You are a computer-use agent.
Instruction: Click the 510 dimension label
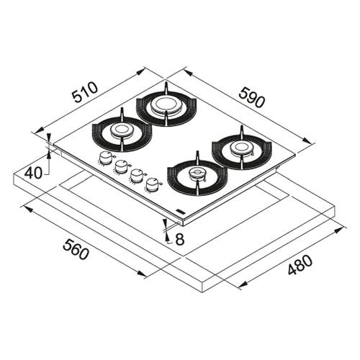click(x=86, y=92)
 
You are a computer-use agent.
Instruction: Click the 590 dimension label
click(x=253, y=97)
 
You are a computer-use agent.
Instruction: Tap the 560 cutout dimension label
click(x=76, y=249)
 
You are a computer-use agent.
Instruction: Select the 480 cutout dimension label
click(x=300, y=265)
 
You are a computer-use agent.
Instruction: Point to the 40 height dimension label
click(x=34, y=173)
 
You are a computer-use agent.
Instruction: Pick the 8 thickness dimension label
click(x=179, y=239)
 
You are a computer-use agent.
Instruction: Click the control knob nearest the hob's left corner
click(x=105, y=158)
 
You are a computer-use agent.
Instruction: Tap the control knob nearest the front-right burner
click(x=151, y=184)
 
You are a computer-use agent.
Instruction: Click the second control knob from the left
click(x=121, y=167)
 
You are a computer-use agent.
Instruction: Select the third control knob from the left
click(x=136, y=176)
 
